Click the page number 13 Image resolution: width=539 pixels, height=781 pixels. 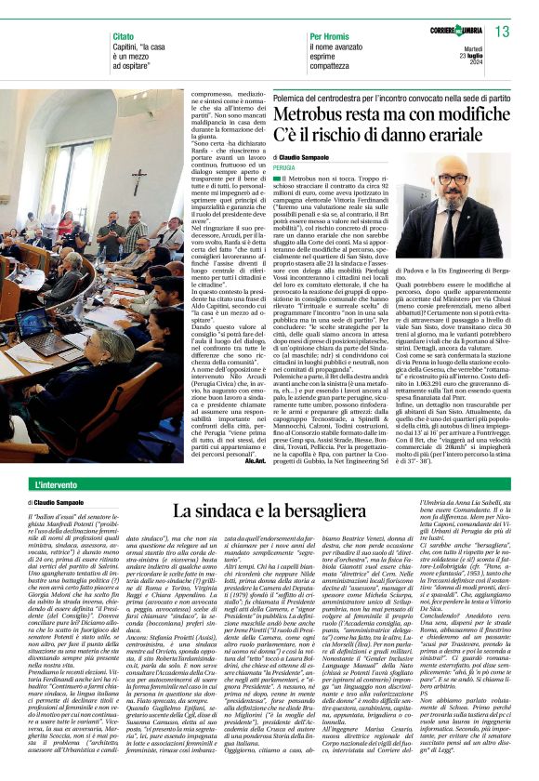[x=503, y=33]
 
